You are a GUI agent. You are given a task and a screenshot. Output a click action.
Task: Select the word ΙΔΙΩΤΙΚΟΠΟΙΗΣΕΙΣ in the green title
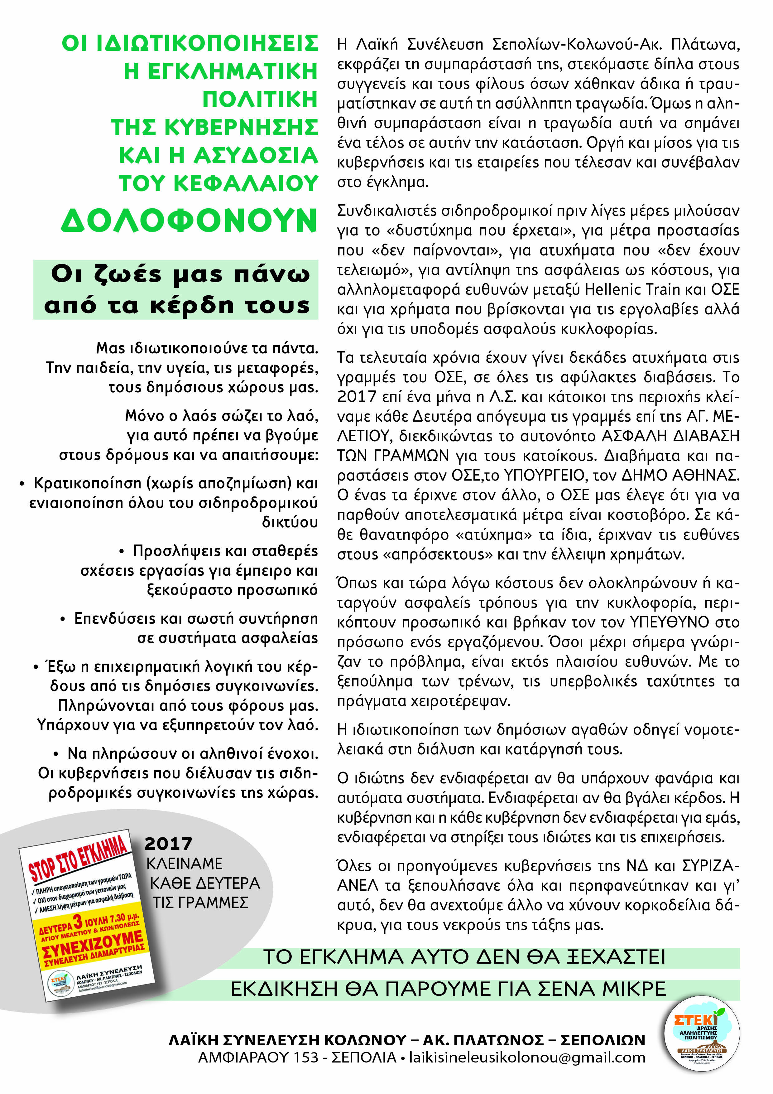pos(207,43)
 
